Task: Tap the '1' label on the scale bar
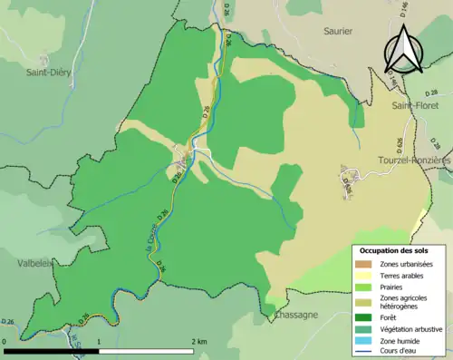click(99, 341)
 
